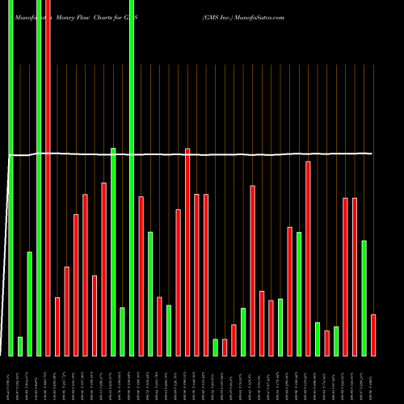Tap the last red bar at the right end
click(373, 335)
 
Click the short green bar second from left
click(20, 346)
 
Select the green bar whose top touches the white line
click(113, 251)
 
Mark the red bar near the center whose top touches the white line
click(187, 251)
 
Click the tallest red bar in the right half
click(308, 258)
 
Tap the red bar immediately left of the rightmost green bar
click(354, 276)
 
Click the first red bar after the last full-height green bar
click(141, 276)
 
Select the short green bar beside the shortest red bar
click(216, 347)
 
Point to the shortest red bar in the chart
click(225, 347)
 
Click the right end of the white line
click(372, 154)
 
